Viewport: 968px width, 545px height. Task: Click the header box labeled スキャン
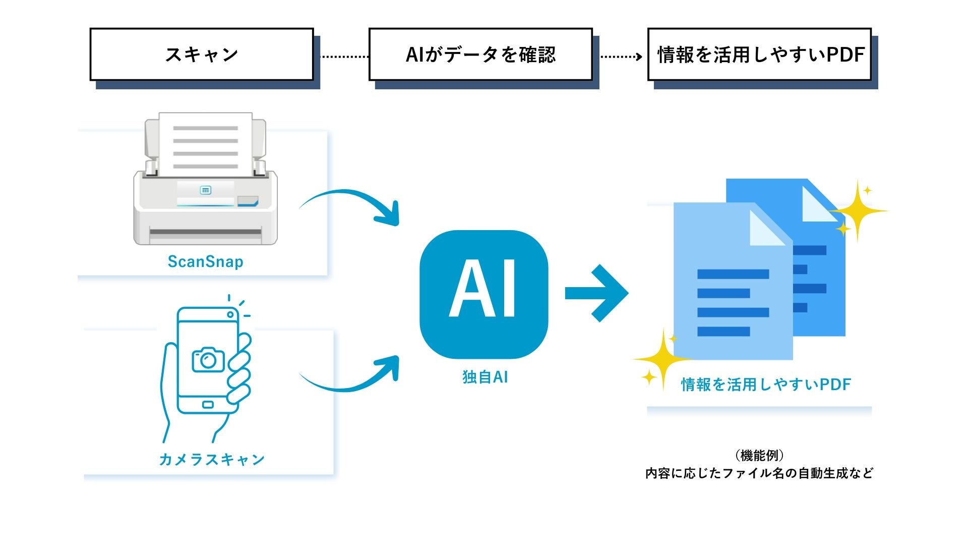pos(202,54)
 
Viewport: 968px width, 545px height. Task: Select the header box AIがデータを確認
pos(480,54)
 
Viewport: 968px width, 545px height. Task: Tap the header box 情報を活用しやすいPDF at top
pos(759,54)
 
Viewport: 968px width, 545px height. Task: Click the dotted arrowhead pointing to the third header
pos(639,57)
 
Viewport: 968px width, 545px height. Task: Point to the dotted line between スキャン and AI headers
pos(345,57)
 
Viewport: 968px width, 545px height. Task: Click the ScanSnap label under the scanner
pos(205,261)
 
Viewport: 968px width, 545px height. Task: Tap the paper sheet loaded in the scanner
pos(205,144)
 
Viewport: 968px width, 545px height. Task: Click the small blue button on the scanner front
pos(205,190)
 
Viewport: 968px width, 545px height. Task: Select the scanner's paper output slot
pos(205,234)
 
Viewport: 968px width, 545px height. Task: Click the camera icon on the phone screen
pos(208,359)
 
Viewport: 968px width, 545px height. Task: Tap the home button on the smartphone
pos(207,405)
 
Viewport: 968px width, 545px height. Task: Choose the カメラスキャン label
pos(211,459)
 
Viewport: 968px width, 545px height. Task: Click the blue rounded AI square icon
pos(483,295)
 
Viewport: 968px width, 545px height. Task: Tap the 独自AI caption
pos(485,376)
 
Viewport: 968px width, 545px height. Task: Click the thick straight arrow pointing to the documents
pos(596,293)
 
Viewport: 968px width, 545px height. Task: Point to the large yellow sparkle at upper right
pos(858,210)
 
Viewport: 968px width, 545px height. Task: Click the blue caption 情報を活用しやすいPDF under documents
pos(765,385)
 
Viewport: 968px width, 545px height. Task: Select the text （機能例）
pos(759,456)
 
